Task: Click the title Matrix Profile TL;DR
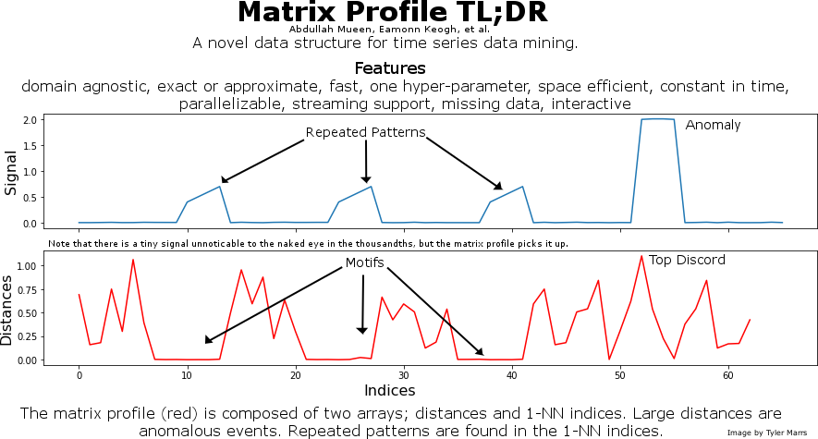pyautogui.click(x=392, y=12)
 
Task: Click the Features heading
pyautogui.click(x=390, y=68)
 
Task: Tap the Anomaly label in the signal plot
pyautogui.click(x=713, y=125)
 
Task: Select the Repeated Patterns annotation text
pyautogui.click(x=366, y=132)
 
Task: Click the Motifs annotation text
pyautogui.click(x=365, y=262)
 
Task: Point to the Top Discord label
pyautogui.click(x=687, y=261)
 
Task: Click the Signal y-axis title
pyautogui.click(x=10, y=173)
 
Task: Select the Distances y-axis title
pyautogui.click(x=6, y=311)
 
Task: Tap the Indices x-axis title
pyautogui.click(x=390, y=391)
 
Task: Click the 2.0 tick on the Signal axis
pyautogui.click(x=31, y=120)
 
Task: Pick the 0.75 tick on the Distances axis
pyautogui.click(x=27, y=290)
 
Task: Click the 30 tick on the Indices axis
pyautogui.click(x=403, y=375)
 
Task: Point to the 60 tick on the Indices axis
pyautogui.click(x=728, y=375)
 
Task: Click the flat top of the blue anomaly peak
pyautogui.click(x=658, y=119)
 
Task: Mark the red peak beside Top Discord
pyautogui.click(x=641, y=256)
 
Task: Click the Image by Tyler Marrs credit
pyautogui.click(x=767, y=433)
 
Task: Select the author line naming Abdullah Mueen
pyautogui.click(x=389, y=30)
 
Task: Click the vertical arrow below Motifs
pyautogui.click(x=362, y=304)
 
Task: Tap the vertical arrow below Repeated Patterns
pyautogui.click(x=366, y=162)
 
